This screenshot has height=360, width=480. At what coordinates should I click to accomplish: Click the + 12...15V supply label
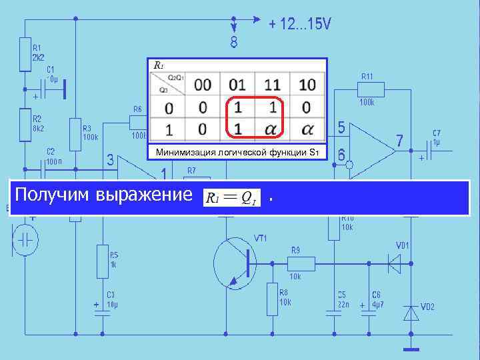click(299, 24)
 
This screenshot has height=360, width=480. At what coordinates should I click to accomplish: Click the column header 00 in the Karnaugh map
click(203, 85)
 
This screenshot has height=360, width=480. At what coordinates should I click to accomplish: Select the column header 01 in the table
click(237, 85)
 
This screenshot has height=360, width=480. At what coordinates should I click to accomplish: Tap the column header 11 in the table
click(272, 85)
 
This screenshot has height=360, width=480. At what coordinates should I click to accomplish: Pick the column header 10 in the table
click(307, 85)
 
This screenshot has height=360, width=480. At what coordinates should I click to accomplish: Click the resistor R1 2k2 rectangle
click(25, 57)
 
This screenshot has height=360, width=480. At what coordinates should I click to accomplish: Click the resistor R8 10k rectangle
click(272, 299)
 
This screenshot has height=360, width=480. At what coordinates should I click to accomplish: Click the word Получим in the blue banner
click(53, 196)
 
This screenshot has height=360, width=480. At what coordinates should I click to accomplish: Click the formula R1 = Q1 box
click(231, 197)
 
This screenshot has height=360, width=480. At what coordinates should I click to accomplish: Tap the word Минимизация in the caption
click(183, 153)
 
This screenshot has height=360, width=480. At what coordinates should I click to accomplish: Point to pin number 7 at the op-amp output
click(399, 141)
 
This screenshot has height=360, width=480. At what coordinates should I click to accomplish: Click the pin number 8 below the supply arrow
click(234, 43)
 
